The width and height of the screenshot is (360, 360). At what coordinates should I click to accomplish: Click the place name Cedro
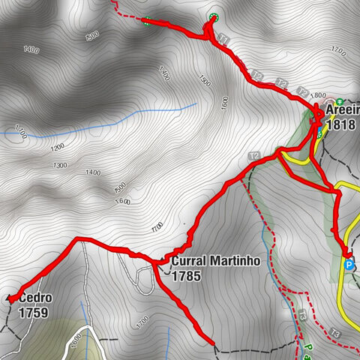[x=33, y=298]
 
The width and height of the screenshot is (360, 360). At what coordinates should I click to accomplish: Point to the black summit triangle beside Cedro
[x=10, y=298]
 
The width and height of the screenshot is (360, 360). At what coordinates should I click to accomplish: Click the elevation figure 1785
[x=187, y=276]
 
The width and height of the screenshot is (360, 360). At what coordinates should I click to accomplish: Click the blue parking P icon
[x=349, y=264]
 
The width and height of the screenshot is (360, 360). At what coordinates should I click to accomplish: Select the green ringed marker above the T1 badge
[x=213, y=18]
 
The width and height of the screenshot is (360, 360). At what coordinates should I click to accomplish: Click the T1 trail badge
[x=222, y=37]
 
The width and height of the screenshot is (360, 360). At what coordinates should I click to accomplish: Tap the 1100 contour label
[x=19, y=133]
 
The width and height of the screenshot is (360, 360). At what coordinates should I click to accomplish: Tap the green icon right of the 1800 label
[x=338, y=100]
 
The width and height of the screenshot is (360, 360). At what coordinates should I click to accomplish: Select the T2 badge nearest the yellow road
[x=254, y=156]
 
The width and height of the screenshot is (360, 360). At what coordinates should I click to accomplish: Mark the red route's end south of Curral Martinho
[x=214, y=345]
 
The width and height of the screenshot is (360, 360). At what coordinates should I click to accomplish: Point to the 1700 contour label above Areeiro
[x=337, y=53]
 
